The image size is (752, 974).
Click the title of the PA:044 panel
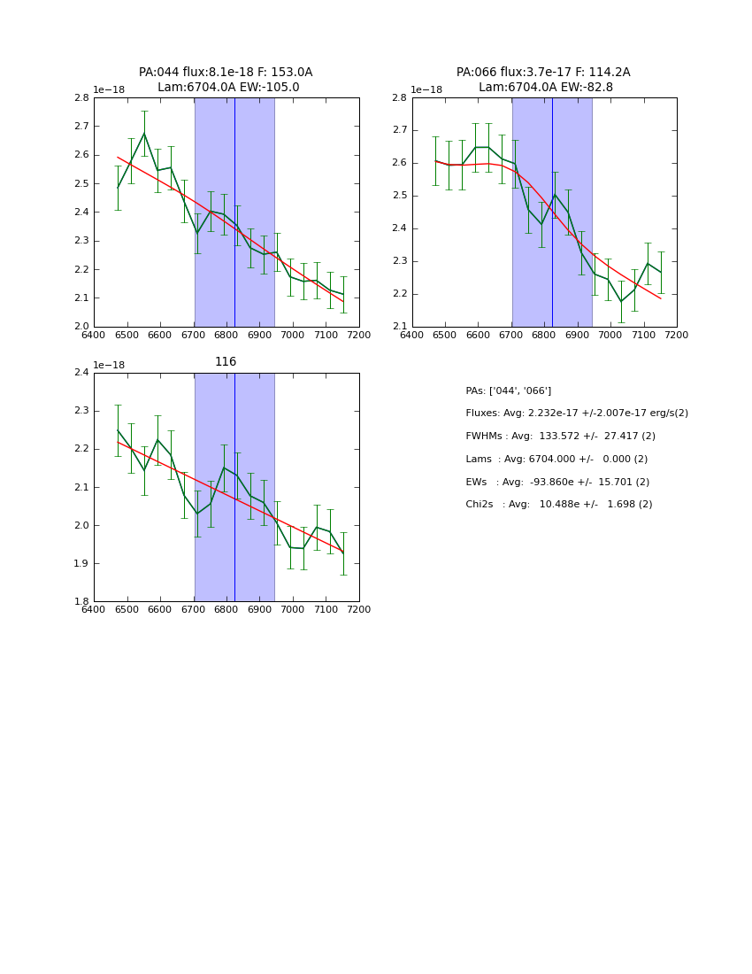click(226, 80)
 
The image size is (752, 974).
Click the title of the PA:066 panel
click(543, 80)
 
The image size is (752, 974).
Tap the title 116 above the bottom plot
click(226, 362)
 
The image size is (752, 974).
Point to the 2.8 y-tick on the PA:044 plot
click(81, 98)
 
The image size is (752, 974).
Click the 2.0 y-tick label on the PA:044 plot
click(81, 327)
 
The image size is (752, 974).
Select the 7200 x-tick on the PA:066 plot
click(676, 336)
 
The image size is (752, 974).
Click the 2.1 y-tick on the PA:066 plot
click(399, 327)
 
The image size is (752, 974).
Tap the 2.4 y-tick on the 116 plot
click(81, 373)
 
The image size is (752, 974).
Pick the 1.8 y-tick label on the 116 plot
click(81, 602)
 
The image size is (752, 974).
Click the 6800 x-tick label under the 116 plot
click(226, 610)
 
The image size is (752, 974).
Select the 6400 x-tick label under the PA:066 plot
click(412, 336)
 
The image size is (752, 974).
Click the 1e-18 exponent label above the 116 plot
click(109, 365)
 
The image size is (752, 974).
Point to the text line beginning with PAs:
click(508, 391)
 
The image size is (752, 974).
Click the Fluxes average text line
click(576, 414)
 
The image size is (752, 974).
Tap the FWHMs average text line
click(560, 437)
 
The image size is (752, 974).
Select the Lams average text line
click(556, 460)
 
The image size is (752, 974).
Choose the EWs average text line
click(557, 483)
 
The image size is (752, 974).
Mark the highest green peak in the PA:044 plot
click(144, 134)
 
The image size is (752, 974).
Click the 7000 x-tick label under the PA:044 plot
click(292, 336)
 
